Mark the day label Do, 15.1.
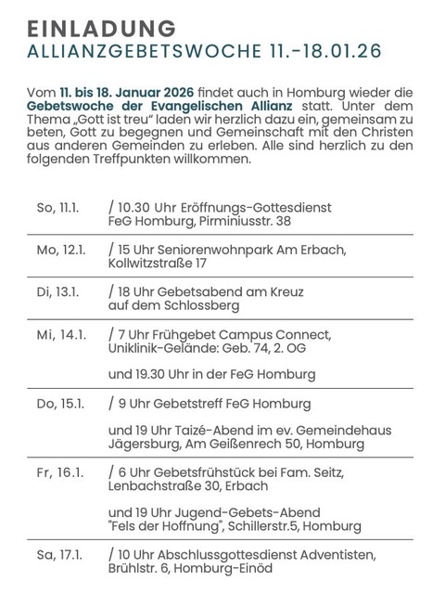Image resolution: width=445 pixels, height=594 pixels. tap(56, 406)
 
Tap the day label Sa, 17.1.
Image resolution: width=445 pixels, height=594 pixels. tap(56, 555)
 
